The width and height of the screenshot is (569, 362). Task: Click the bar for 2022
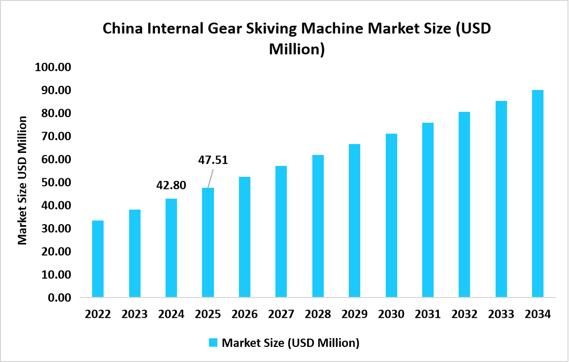point(98,259)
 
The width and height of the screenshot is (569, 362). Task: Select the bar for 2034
point(538,193)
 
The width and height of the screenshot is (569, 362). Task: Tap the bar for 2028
point(318,226)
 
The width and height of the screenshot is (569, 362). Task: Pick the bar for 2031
point(428,210)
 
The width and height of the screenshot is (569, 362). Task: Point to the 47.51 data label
point(213,160)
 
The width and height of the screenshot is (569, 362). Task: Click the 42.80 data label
point(171,185)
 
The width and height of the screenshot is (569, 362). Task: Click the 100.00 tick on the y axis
point(53,68)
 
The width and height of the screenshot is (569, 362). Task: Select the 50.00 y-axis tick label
point(56,183)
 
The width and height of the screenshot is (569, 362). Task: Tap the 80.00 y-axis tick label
point(56,113)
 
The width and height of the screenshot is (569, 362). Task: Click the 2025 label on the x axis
point(208,315)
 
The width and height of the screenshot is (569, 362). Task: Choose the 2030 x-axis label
point(391,315)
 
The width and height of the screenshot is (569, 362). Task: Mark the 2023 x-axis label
point(134,315)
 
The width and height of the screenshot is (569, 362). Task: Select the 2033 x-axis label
point(501,315)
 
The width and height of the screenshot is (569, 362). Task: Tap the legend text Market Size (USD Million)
point(290,343)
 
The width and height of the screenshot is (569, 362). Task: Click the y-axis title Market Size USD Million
point(22,180)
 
